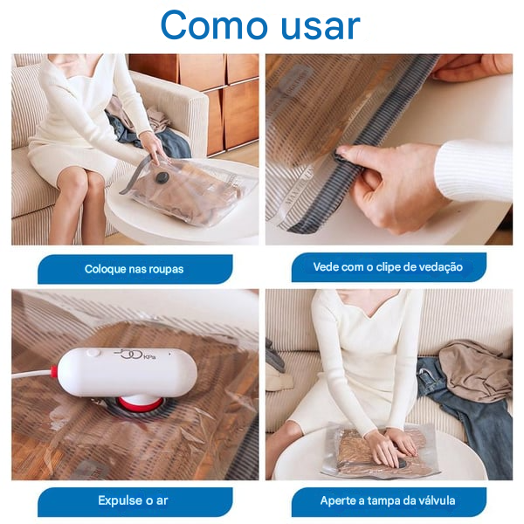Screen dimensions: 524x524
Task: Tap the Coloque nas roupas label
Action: point(134,269)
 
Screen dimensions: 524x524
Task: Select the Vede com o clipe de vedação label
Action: point(388,267)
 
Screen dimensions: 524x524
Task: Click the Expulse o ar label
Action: point(134,500)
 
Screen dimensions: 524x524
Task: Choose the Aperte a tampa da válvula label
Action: point(387,500)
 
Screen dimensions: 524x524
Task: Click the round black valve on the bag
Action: point(162,178)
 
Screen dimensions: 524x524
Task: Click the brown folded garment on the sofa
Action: point(476,367)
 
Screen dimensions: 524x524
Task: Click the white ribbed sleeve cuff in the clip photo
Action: point(472,170)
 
